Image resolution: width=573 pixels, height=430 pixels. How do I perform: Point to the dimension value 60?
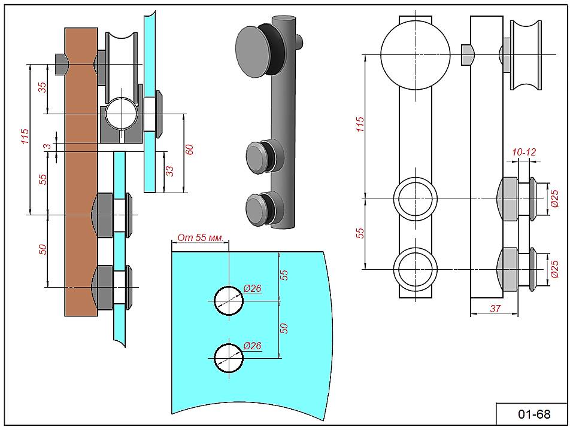point(190,150)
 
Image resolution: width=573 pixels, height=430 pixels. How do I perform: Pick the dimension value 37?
point(495,308)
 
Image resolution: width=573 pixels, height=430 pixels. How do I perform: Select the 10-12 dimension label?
point(524,153)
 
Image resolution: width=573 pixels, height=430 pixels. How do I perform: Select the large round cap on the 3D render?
point(253,50)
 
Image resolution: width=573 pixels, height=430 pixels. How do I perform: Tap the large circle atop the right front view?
point(415,54)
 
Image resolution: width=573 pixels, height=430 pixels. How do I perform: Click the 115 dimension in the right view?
point(360,125)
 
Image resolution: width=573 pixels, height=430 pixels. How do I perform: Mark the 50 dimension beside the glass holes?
point(284,329)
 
